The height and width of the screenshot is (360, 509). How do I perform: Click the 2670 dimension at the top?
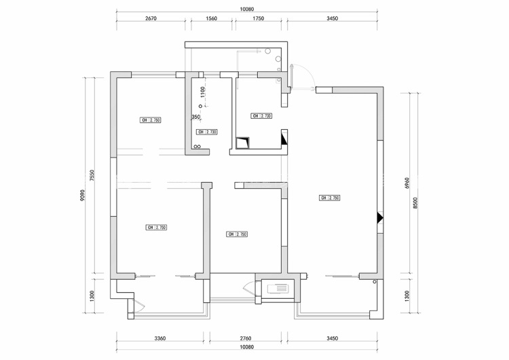click(x=151, y=19)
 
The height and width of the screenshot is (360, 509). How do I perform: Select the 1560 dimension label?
click(x=210, y=19)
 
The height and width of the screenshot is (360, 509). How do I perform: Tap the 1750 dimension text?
click(x=258, y=19)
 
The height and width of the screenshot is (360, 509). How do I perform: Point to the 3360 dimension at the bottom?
click(x=160, y=338)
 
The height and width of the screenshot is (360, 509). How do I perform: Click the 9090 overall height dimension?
click(x=82, y=195)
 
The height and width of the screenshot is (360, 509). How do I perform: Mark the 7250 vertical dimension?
click(x=92, y=175)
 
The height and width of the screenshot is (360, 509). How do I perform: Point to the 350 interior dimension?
click(x=195, y=117)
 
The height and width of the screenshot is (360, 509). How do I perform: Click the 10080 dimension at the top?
click(x=247, y=10)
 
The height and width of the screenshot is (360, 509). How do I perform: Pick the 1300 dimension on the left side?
click(x=92, y=296)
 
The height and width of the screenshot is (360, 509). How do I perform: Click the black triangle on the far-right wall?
click(x=381, y=218)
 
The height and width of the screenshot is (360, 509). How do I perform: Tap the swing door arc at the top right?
click(x=303, y=75)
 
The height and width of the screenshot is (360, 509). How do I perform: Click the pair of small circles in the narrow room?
click(x=197, y=146)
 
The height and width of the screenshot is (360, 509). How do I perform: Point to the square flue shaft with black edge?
click(x=243, y=143)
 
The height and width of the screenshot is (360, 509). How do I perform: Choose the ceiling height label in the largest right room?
click(x=329, y=198)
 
